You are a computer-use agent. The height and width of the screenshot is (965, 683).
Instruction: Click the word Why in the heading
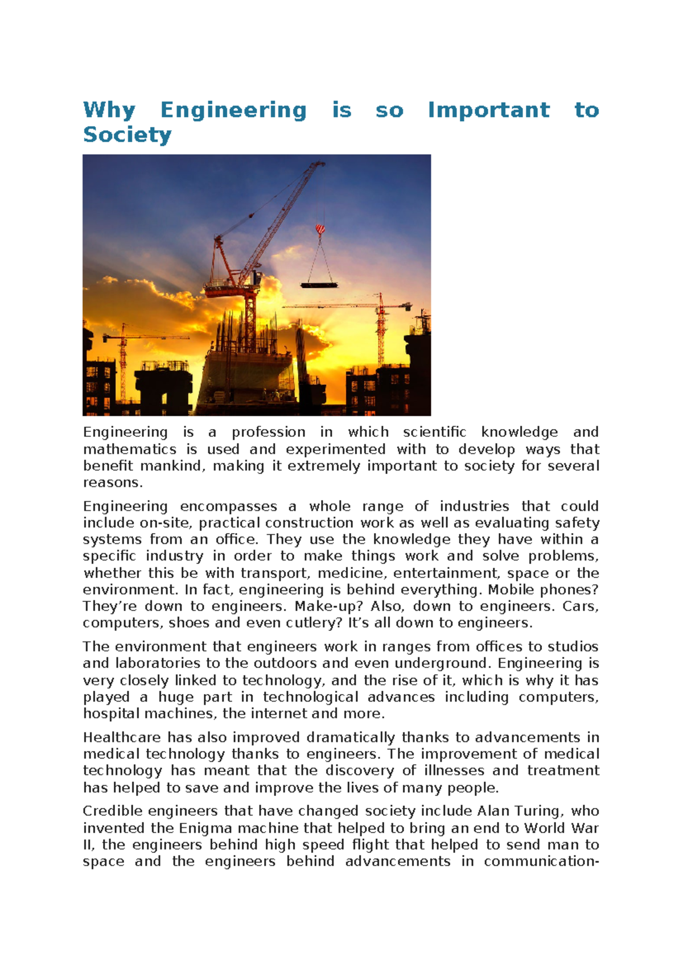click(x=109, y=110)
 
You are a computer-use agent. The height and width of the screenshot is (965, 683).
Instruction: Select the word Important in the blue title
click(x=488, y=110)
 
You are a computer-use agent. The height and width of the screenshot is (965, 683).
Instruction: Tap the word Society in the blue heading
click(x=127, y=135)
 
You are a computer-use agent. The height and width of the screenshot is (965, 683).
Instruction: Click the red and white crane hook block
click(x=320, y=229)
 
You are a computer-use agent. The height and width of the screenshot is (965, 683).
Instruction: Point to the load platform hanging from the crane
click(x=319, y=284)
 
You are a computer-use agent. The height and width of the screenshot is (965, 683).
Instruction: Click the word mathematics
click(x=130, y=449)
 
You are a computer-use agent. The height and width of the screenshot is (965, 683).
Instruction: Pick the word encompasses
click(x=228, y=506)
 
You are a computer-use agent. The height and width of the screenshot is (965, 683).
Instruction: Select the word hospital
click(x=111, y=714)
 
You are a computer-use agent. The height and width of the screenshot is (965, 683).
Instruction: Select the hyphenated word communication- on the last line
click(x=541, y=861)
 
